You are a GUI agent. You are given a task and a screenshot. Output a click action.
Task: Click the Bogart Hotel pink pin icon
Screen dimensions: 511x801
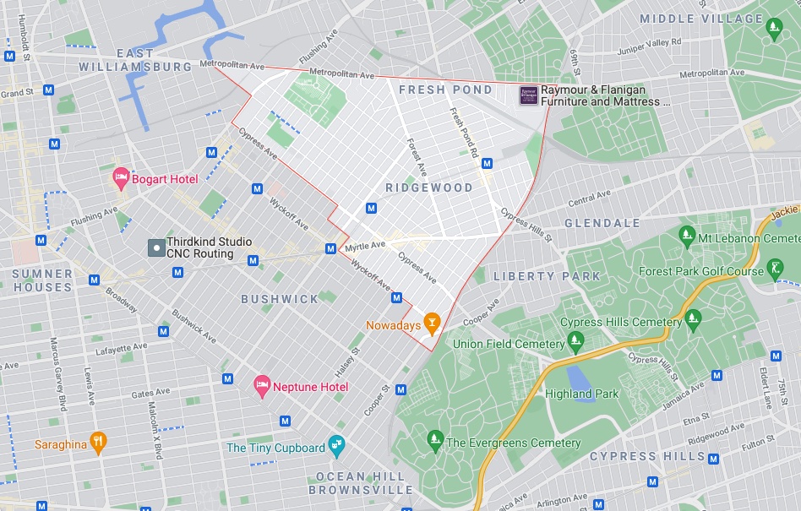point(120,177)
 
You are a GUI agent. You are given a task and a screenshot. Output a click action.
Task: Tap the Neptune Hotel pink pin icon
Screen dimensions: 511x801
point(263,385)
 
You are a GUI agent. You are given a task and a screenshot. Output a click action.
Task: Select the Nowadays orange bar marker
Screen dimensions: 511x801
point(432,322)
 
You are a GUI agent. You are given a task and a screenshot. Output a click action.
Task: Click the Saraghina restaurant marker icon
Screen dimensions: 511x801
point(98,442)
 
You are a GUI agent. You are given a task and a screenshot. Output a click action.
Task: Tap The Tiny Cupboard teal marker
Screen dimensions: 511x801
point(336,444)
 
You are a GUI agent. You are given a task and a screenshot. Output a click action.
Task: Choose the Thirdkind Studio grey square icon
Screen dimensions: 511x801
point(155,247)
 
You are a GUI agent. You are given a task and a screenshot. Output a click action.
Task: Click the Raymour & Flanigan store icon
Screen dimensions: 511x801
point(528,95)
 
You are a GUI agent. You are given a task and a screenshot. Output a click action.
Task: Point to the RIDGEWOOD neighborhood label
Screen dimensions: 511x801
point(429,188)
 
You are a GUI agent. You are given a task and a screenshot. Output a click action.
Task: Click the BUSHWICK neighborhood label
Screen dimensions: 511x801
point(280,299)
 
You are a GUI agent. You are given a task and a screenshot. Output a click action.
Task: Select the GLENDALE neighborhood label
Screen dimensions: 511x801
point(602,223)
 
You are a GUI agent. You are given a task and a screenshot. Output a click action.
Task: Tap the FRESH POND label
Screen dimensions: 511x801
point(445,90)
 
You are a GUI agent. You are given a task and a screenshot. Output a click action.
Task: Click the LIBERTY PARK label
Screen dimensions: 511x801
point(547,276)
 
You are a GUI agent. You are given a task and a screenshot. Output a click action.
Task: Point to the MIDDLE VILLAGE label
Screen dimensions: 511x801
point(701,19)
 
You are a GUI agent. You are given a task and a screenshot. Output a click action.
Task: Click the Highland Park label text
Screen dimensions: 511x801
point(581,394)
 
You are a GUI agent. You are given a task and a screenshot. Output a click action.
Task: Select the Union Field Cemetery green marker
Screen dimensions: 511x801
point(576,342)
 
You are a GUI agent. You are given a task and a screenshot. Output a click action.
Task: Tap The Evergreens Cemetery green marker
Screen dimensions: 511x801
point(434,439)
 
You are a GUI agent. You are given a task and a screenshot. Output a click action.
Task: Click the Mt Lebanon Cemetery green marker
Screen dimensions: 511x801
point(686,234)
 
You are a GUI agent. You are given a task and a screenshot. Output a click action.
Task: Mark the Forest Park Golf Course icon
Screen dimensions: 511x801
point(776,269)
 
